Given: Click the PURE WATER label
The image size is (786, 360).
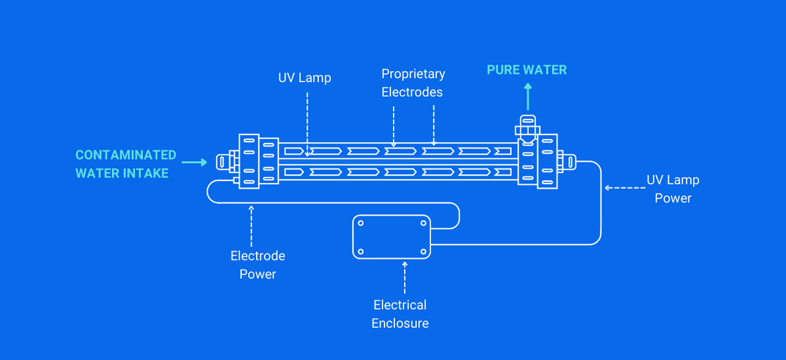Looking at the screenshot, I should click(x=527, y=70).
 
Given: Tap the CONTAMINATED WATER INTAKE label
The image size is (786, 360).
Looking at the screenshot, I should click(x=125, y=164).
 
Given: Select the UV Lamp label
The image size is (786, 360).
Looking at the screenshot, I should click(x=304, y=78).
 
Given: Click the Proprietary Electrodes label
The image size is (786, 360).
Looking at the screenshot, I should click(x=412, y=83).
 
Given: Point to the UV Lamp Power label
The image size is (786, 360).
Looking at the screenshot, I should click(x=673, y=189).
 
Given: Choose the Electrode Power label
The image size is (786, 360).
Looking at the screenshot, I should click(x=257, y=265).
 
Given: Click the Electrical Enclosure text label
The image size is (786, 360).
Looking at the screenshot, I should click(x=399, y=314).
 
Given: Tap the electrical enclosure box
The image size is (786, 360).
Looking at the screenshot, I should click(x=392, y=237).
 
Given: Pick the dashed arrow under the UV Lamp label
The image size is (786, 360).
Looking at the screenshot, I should click(x=307, y=123).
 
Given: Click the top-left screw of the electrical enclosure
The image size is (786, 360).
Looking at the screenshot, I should click(x=361, y=224).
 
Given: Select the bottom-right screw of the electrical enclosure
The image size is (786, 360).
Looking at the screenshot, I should click(x=423, y=251).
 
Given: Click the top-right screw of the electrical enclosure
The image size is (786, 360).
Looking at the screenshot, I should click(x=423, y=224).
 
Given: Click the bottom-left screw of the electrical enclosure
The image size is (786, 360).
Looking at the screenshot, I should click(x=361, y=251).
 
